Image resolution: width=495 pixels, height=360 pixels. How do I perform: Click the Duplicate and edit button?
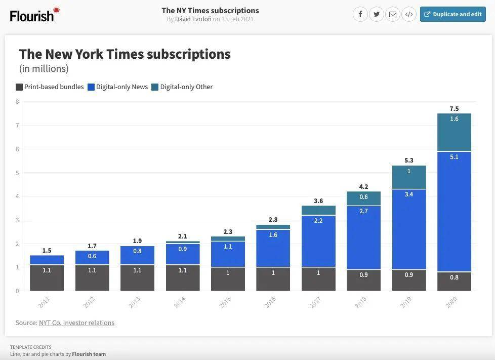tap(452, 14)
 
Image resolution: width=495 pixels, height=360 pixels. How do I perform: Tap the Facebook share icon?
tap(360, 14)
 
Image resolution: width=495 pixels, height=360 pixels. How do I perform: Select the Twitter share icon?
tap(376, 14)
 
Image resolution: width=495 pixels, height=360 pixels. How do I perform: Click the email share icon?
tap(392, 14)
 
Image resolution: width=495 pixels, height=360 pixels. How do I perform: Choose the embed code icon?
tap(408, 14)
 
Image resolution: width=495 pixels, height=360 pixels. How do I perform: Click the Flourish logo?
tap(34, 15)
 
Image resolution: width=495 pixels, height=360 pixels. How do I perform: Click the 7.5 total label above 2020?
tap(454, 109)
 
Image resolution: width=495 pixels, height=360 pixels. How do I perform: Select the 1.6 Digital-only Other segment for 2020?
tap(454, 132)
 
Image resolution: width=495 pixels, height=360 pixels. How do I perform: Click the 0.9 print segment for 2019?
tap(409, 280)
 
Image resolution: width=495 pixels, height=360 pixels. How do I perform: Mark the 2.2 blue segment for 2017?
tap(318, 241)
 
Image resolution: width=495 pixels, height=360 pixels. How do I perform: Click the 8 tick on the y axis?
tap(17, 102)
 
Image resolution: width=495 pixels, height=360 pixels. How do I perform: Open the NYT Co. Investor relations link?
tap(76, 323)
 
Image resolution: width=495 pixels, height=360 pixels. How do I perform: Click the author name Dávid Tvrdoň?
tap(193, 19)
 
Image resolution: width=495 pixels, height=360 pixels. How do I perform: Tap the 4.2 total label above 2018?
tap(363, 186)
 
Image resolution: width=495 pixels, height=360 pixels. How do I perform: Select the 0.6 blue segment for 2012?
tap(92, 258)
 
